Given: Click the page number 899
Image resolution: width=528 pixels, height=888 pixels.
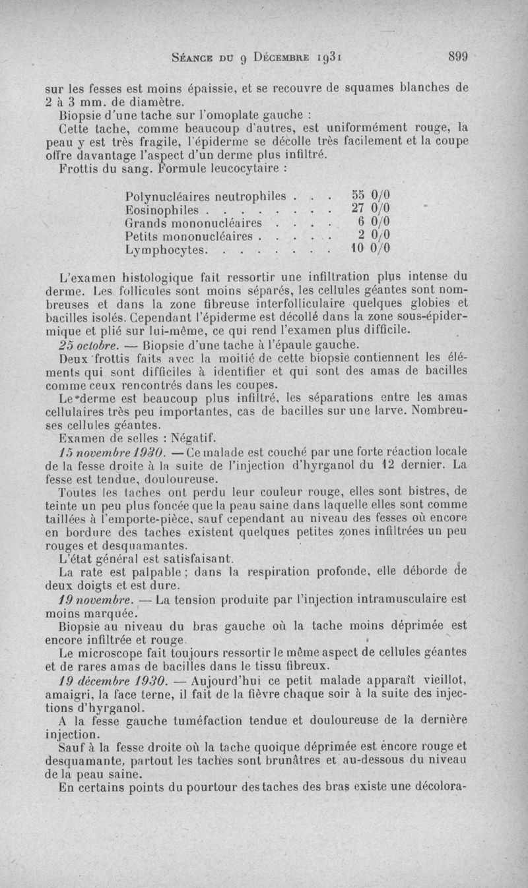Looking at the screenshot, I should [457, 57].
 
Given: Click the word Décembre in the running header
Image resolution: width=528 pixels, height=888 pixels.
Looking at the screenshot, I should [288, 57].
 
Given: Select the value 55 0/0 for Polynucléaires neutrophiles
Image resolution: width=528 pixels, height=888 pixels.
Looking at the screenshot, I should [370, 196].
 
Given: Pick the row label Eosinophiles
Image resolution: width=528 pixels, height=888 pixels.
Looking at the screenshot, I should [162, 210].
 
